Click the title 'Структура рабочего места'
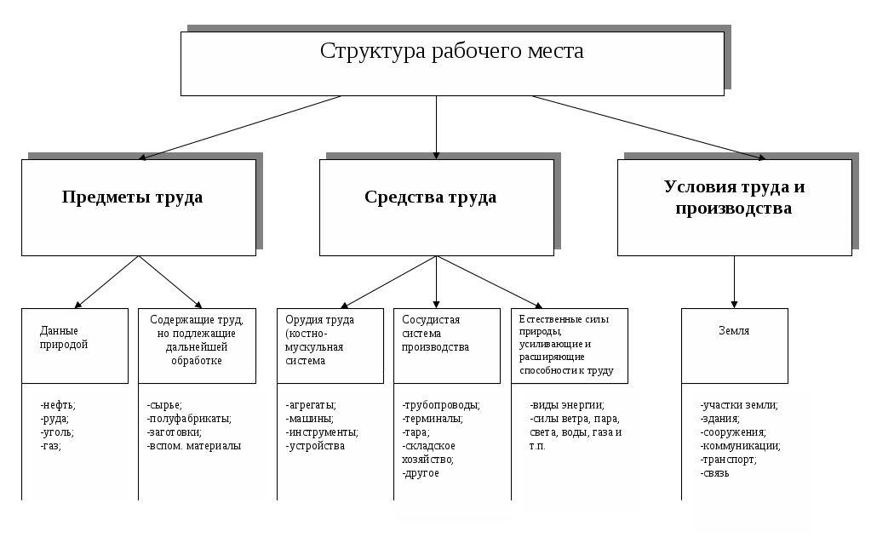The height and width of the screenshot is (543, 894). tap(451, 51)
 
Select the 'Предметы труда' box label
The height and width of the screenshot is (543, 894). tap(132, 197)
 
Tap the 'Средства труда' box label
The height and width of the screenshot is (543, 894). tap(430, 197)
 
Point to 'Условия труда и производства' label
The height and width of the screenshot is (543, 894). tap(734, 197)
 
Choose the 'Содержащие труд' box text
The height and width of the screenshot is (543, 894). tap(197, 340)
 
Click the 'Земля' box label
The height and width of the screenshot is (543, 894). tap(734, 331)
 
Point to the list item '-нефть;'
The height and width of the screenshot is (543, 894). tap(58, 405)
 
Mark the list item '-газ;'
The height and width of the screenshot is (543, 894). tap(51, 446)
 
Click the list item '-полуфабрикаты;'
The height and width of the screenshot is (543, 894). tap(189, 419)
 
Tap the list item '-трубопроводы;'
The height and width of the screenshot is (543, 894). tap(441, 405)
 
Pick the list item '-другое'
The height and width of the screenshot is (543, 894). tap(421, 473)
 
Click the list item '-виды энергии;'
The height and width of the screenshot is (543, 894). tap(566, 405)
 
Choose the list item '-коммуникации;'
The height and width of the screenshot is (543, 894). tap(740, 446)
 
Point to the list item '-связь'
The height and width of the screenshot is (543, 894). tap(715, 473)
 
